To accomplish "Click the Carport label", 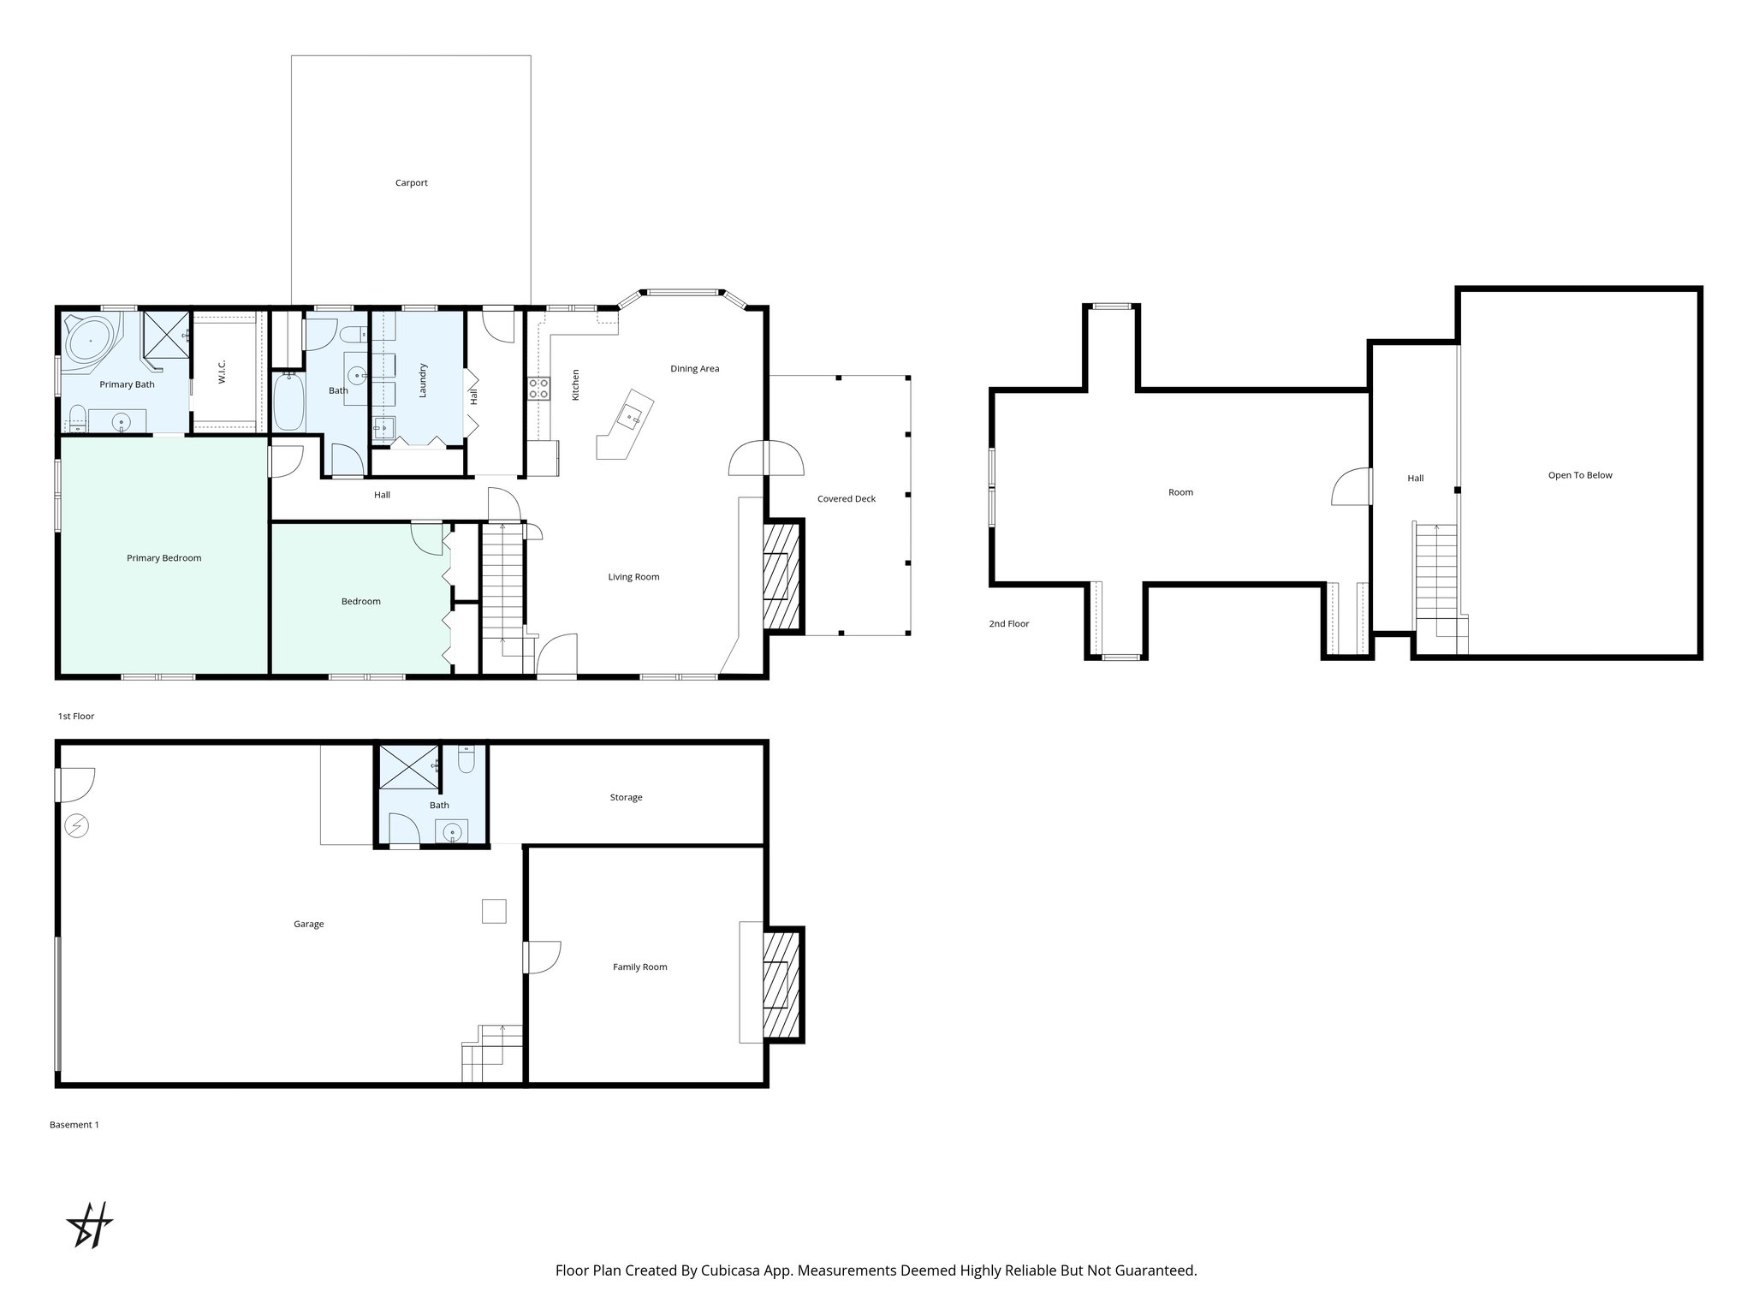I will click(x=411, y=182).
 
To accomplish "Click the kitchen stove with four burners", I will click(x=538, y=388).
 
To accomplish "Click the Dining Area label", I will click(x=694, y=369).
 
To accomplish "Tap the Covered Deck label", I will click(x=846, y=498).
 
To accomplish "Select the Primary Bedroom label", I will click(x=163, y=558).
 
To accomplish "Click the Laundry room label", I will click(x=422, y=380).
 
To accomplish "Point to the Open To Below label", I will click(x=1579, y=475).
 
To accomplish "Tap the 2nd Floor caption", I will click(x=1008, y=624).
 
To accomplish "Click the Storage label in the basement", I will click(x=626, y=797).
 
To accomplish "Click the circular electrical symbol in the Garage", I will click(x=77, y=824).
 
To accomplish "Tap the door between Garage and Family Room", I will click(x=542, y=956).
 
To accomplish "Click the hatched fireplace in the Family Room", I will click(x=781, y=985).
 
